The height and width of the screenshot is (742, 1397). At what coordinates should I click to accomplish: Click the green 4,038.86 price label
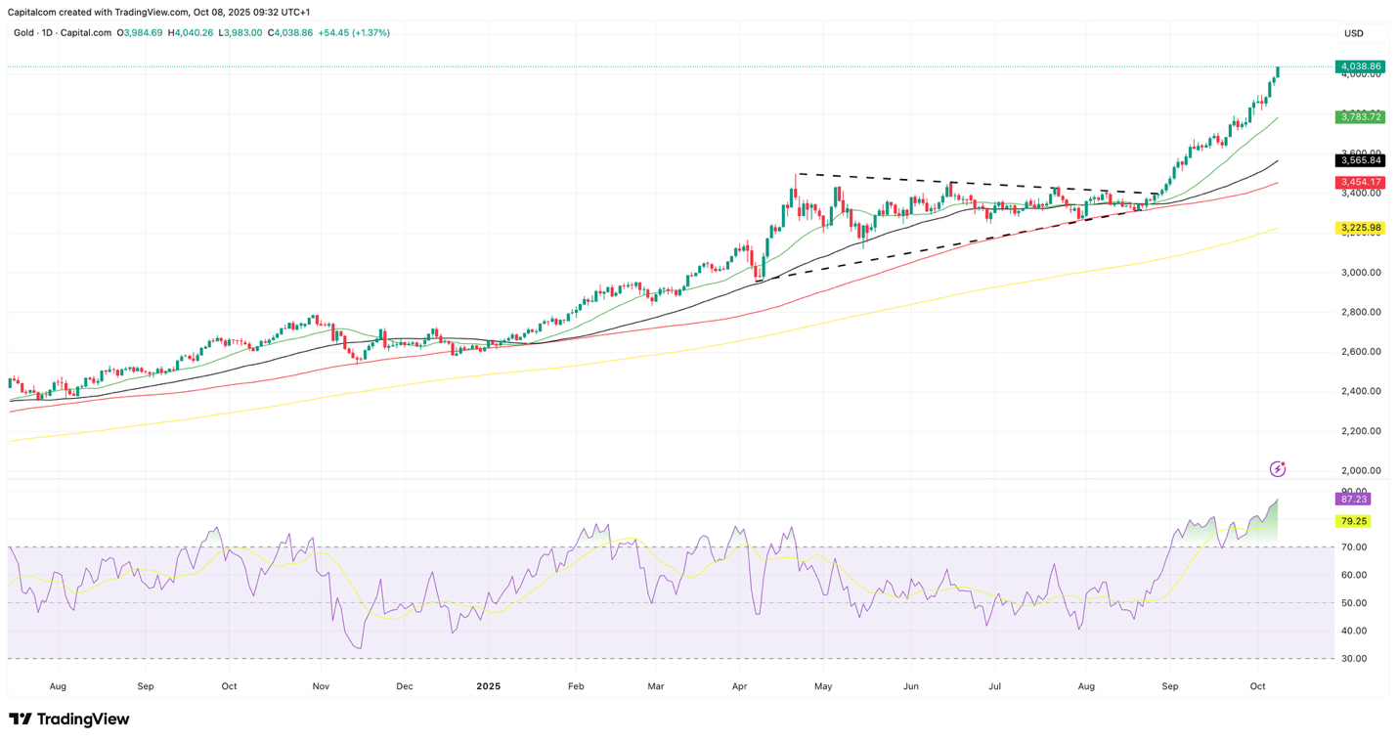pos(1360,66)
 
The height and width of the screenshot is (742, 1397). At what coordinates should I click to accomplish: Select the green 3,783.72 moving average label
pos(1360,117)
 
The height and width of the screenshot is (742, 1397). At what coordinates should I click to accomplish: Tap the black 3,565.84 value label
pos(1360,160)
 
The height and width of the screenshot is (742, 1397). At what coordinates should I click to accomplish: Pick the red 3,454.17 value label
pos(1360,183)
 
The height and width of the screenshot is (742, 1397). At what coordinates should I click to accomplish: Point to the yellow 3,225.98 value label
pos(1360,228)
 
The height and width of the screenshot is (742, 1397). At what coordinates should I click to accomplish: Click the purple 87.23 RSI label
pos(1353,499)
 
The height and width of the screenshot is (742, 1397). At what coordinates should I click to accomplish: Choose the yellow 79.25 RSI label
pos(1353,521)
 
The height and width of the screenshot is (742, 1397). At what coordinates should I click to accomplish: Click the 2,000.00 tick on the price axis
pos(1360,470)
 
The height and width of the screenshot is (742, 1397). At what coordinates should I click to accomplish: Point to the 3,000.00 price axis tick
pos(1360,273)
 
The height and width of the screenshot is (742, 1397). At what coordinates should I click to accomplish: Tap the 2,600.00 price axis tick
pos(1360,352)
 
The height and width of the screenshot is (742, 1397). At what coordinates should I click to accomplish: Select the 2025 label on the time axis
pos(488,686)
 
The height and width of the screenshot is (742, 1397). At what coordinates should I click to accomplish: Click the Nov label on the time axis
pos(321,686)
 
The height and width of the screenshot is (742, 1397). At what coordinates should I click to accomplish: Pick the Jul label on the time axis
pos(993,686)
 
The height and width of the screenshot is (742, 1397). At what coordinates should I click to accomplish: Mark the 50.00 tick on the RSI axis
pos(1353,603)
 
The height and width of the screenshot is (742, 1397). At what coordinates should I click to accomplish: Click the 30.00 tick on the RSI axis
pos(1353,659)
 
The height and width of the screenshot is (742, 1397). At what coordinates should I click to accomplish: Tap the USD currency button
pos(1354,33)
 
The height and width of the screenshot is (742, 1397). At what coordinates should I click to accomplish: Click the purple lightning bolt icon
pos(1277,469)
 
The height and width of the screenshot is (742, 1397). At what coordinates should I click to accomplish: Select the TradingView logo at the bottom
pos(68,720)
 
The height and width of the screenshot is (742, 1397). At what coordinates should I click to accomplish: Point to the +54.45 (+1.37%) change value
pos(354,33)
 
